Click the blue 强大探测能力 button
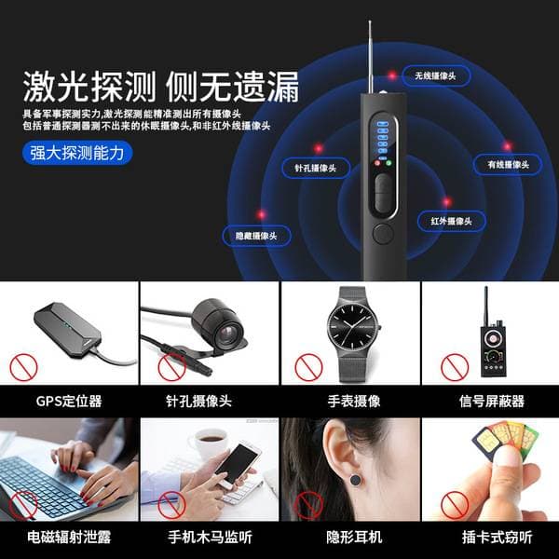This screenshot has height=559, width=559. [x=77, y=154]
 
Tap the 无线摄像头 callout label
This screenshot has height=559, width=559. [x=436, y=75]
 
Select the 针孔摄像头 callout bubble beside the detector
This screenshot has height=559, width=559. [x=316, y=168]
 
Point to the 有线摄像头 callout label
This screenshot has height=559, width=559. [x=508, y=164]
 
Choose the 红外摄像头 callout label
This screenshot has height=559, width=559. [x=451, y=221]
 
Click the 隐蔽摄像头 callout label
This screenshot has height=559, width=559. [x=256, y=236]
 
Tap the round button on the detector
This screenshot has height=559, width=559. [x=383, y=234]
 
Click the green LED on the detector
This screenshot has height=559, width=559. [x=389, y=163]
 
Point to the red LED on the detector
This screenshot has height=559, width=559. [x=377, y=163]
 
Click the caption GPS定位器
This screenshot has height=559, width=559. [x=69, y=401]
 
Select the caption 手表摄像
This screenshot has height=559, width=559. [x=354, y=401]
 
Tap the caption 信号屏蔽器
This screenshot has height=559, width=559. [x=492, y=401]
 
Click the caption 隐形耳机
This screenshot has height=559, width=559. [x=354, y=537]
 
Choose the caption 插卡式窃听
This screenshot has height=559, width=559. [x=498, y=537]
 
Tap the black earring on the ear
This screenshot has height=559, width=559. [x=356, y=480]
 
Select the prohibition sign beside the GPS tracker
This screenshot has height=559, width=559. [x=23, y=368]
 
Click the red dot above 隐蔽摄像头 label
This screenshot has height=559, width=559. [x=261, y=214]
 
